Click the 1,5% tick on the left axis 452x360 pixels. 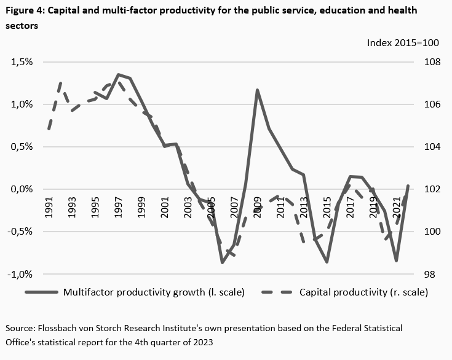coord(21,62)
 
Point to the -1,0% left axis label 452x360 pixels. coord(20,274)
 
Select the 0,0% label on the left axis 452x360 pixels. coord(21,189)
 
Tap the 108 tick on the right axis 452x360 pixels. coord(430,62)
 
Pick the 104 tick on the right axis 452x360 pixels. coord(430,147)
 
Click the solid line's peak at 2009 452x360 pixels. coord(257,90)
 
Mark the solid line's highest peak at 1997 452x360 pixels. coord(118,74)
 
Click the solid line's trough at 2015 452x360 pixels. coord(327,262)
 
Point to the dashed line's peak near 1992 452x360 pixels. coord(61,82)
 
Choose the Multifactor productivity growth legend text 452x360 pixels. coord(154,292)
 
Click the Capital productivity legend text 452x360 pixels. coord(363,292)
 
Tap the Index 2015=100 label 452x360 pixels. coord(402,43)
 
